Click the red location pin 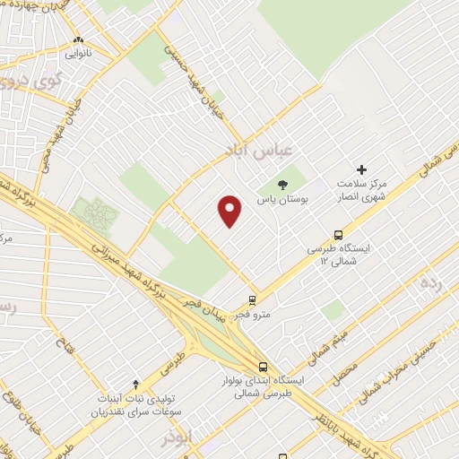(x=231, y=210)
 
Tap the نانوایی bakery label (x=77, y=53)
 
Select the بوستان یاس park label (x=284, y=198)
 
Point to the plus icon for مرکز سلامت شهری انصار (x=362, y=169)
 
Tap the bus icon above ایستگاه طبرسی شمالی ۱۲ (x=338, y=234)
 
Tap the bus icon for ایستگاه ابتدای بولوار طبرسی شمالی (x=263, y=367)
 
